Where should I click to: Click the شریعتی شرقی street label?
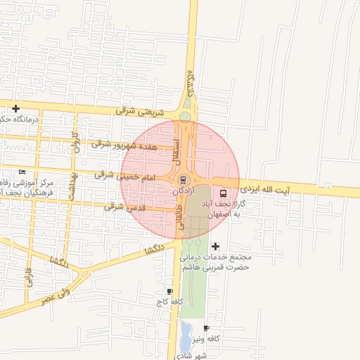click(142, 112)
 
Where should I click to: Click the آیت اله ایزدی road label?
click(264, 188)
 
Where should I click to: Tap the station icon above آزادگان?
click(184, 179)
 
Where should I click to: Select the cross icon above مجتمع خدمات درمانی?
click(215, 246)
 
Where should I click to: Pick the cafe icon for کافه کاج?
click(169, 291)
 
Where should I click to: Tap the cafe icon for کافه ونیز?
click(206, 328)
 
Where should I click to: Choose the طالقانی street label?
click(181, 218)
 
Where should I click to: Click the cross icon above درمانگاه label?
click(15, 108)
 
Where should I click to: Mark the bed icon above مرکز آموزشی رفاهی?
click(22, 172)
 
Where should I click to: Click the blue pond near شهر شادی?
click(185, 337)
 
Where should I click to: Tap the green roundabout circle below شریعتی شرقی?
click(185, 117)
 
